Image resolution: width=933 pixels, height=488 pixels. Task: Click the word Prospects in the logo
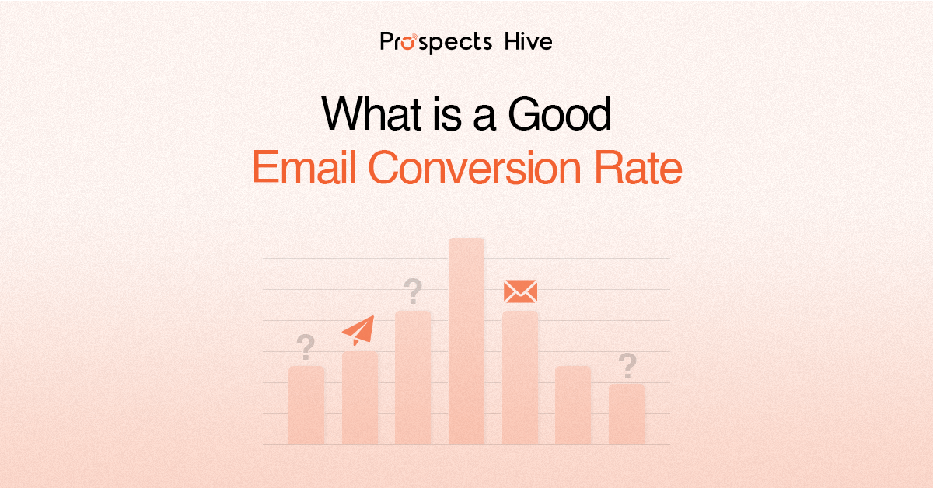tap(435, 41)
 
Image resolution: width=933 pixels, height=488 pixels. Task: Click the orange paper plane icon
tap(358, 330)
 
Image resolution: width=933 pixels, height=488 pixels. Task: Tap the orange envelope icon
tap(520, 291)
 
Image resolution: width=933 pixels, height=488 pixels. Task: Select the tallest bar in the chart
tap(466, 342)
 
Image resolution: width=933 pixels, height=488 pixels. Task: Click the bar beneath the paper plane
tap(360, 398)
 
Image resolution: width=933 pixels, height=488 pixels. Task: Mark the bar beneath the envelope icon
tap(520, 378)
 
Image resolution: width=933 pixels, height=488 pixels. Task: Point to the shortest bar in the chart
tap(627, 413)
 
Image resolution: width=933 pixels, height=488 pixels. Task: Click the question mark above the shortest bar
tap(627, 364)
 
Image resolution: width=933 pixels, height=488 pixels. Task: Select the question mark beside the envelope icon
tap(413, 292)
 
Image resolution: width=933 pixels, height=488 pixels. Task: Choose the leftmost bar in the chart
tap(306, 405)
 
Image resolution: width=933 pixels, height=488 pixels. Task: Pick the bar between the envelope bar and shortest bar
tap(573, 405)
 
